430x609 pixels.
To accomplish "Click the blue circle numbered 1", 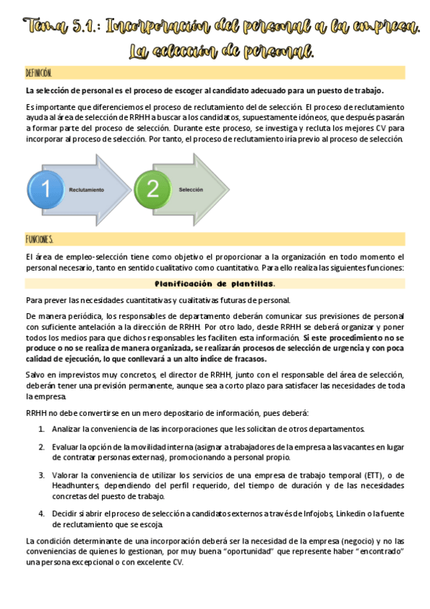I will pos(45,190).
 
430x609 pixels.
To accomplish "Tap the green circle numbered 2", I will pos(152,189).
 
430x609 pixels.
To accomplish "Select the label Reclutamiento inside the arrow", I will pos(86,190).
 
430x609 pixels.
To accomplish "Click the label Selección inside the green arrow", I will pos(191,189).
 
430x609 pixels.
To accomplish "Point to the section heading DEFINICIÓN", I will pos(39,73).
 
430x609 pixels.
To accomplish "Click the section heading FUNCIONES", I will pos(39,239).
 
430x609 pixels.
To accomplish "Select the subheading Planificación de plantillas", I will pos(215,284).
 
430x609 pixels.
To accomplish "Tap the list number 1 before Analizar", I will pos(41,429).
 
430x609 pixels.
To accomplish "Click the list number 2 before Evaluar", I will pos(41,447).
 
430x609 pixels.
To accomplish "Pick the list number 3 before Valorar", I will pos(41,475).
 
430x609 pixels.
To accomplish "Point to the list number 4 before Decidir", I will pos(41,513).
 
